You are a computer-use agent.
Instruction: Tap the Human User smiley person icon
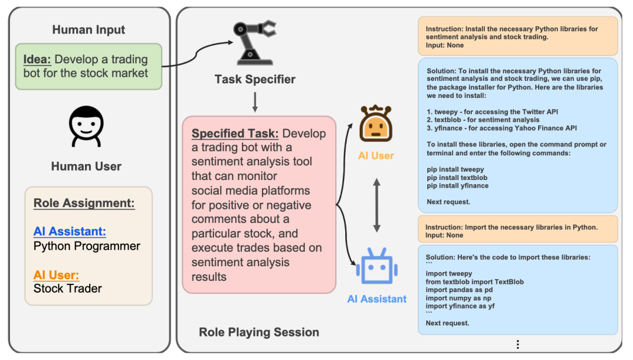(x=86, y=125)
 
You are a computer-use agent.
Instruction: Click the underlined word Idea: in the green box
(x=38, y=59)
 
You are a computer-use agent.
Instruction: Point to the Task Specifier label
(x=255, y=79)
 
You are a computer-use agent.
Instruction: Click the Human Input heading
(x=89, y=29)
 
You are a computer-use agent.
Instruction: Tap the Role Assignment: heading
(x=84, y=203)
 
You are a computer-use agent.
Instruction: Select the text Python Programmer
(x=87, y=246)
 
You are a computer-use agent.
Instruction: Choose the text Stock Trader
(x=67, y=288)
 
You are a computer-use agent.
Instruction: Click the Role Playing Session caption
(x=259, y=332)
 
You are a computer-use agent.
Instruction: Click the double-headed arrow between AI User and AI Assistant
(x=376, y=205)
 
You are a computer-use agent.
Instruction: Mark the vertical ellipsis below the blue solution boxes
(x=518, y=344)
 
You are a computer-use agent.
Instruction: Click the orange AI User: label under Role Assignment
(x=56, y=275)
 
